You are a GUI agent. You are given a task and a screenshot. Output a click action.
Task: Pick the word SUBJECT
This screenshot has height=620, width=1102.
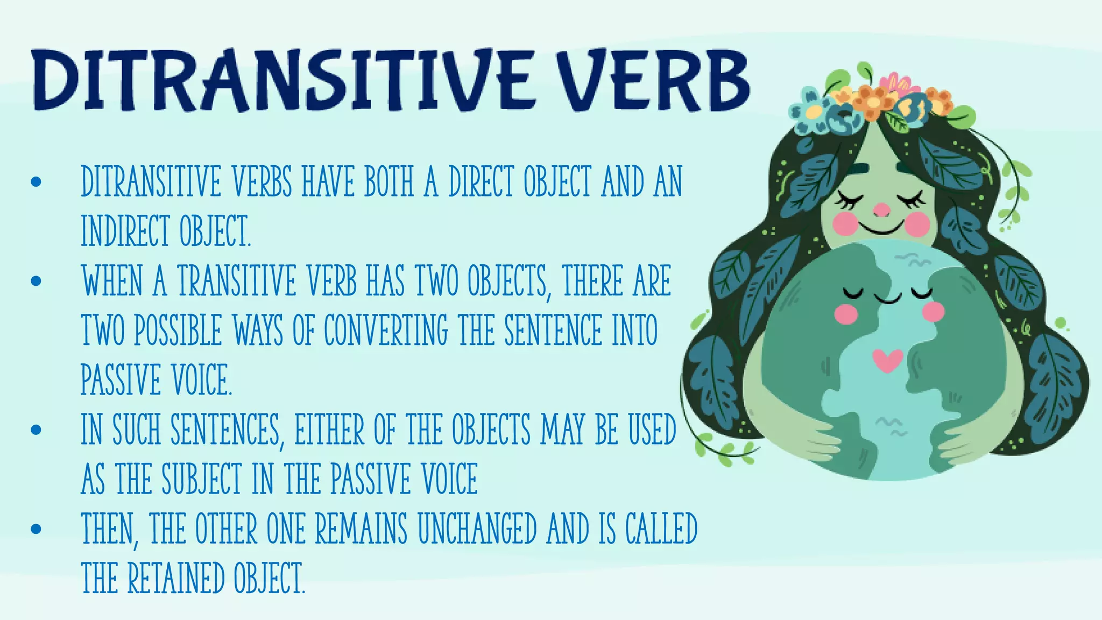point(202,478)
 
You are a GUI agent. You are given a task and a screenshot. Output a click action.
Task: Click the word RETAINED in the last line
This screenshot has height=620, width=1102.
point(175,578)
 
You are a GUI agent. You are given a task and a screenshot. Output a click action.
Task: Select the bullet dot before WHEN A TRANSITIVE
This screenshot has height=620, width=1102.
point(36,280)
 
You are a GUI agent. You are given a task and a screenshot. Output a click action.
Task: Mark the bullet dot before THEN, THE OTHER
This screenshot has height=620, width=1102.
point(36,529)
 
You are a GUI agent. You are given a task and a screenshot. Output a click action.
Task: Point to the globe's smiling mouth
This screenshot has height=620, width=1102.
point(887,298)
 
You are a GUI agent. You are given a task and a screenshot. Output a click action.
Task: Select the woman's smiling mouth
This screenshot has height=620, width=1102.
point(881,228)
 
